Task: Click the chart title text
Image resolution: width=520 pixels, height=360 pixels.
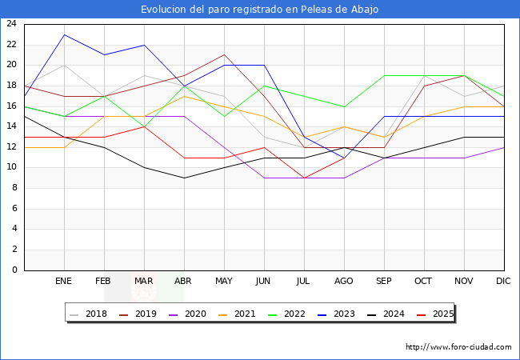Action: [x=259, y=10]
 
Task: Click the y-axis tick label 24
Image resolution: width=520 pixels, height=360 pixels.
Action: [x=11, y=24]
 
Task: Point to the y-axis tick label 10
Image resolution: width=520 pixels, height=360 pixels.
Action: [x=11, y=167]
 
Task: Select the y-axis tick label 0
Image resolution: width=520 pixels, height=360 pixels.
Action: [x=14, y=270]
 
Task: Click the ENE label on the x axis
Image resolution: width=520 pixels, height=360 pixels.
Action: [x=64, y=282]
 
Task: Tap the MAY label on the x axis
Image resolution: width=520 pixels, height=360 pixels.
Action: [x=224, y=282]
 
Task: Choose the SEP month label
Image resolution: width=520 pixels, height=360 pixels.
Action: [x=384, y=282]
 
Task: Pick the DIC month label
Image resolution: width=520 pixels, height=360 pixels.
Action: [x=503, y=282]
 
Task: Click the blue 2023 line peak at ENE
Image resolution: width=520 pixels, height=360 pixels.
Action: [x=64, y=34]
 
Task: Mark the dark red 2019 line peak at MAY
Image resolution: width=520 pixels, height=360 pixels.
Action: [x=224, y=55]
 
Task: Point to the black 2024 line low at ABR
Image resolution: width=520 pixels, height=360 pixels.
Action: [x=184, y=178]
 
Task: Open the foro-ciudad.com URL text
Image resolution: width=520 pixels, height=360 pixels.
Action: [x=458, y=347]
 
